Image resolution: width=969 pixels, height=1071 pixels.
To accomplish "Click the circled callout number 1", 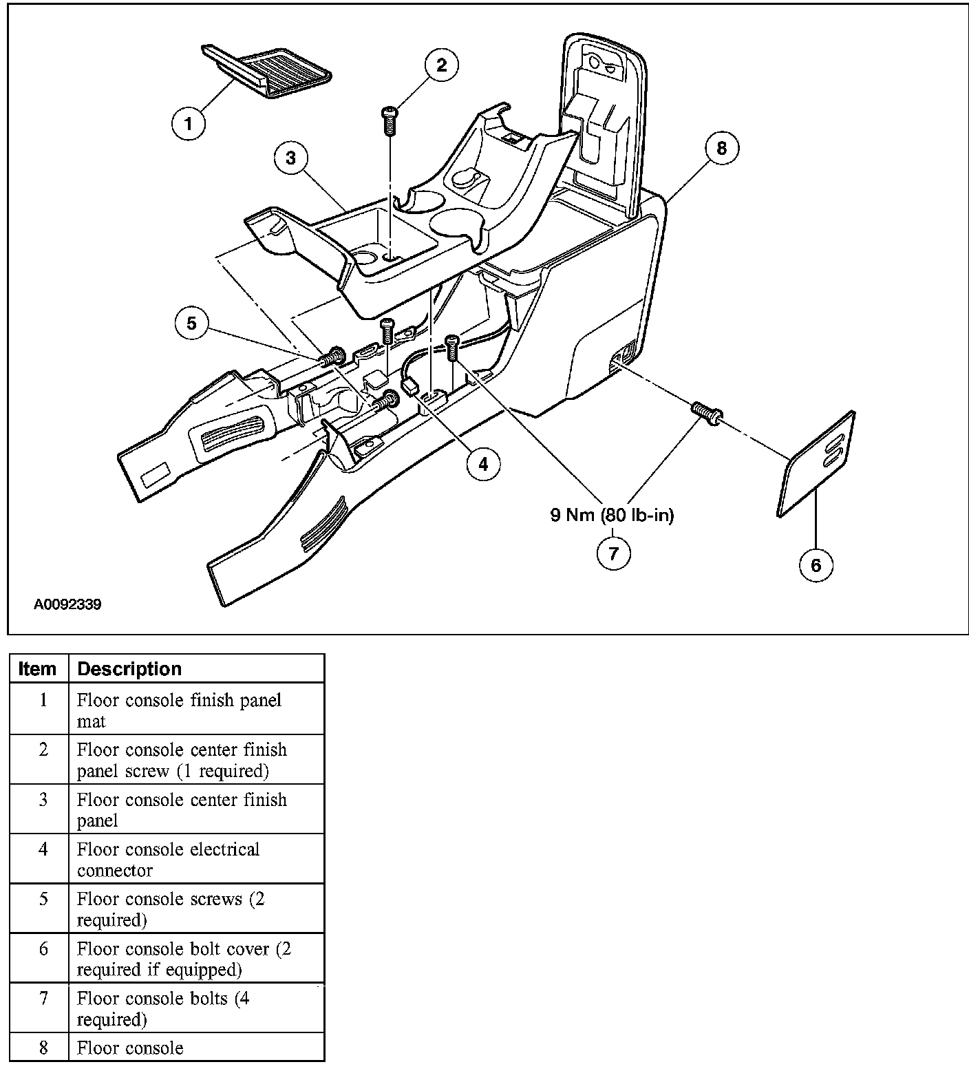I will (x=189, y=124).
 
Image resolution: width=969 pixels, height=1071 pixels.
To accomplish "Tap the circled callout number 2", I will (x=441, y=65).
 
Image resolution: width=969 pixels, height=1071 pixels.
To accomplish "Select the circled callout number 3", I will (x=290, y=158).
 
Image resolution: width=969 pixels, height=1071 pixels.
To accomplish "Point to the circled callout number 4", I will (x=483, y=465).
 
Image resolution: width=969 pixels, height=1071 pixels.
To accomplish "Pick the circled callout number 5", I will (x=192, y=323).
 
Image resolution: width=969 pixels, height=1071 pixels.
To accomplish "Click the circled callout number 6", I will (x=816, y=565).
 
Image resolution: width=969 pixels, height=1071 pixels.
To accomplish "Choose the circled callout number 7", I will (x=613, y=552).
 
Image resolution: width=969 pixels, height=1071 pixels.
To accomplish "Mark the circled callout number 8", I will (x=721, y=148).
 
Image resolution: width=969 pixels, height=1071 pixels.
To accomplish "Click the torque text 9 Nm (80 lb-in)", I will (x=612, y=515).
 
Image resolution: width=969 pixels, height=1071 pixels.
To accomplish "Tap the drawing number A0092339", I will (x=67, y=605).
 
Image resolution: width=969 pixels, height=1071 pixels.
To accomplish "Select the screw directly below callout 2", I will (x=390, y=121).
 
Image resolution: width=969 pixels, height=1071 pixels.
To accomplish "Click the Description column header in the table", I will (x=129, y=669).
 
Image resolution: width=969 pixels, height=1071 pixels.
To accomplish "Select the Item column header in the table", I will (x=38, y=669).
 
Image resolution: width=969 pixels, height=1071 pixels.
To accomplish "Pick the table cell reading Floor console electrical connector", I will (x=169, y=859).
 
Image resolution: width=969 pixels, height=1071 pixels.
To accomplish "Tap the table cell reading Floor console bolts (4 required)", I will (x=163, y=1008).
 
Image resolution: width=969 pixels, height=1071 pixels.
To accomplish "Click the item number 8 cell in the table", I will (x=43, y=1048).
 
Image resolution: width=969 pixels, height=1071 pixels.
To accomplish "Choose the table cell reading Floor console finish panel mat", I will (x=179, y=710).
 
